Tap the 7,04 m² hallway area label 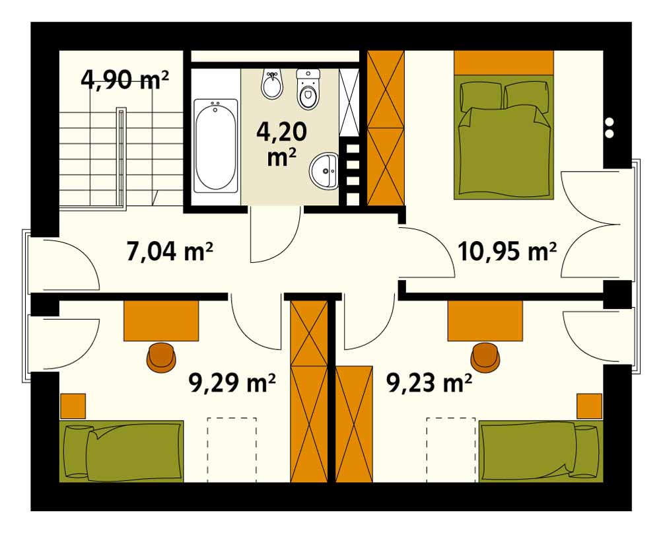coord(169,252)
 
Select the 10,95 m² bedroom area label coord(507,252)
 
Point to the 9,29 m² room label coord(232,383)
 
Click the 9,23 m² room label coord(429,383)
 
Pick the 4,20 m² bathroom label coord(281,144)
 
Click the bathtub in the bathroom coord(215,146)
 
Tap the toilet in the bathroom coord(308,90)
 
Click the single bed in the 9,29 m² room coord(122,451)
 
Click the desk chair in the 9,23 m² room coord(485,357)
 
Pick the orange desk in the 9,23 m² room coord(485,320)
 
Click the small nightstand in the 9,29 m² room coord(73,406)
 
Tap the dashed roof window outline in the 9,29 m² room coord(232,450)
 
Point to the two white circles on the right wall coord(610,127)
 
